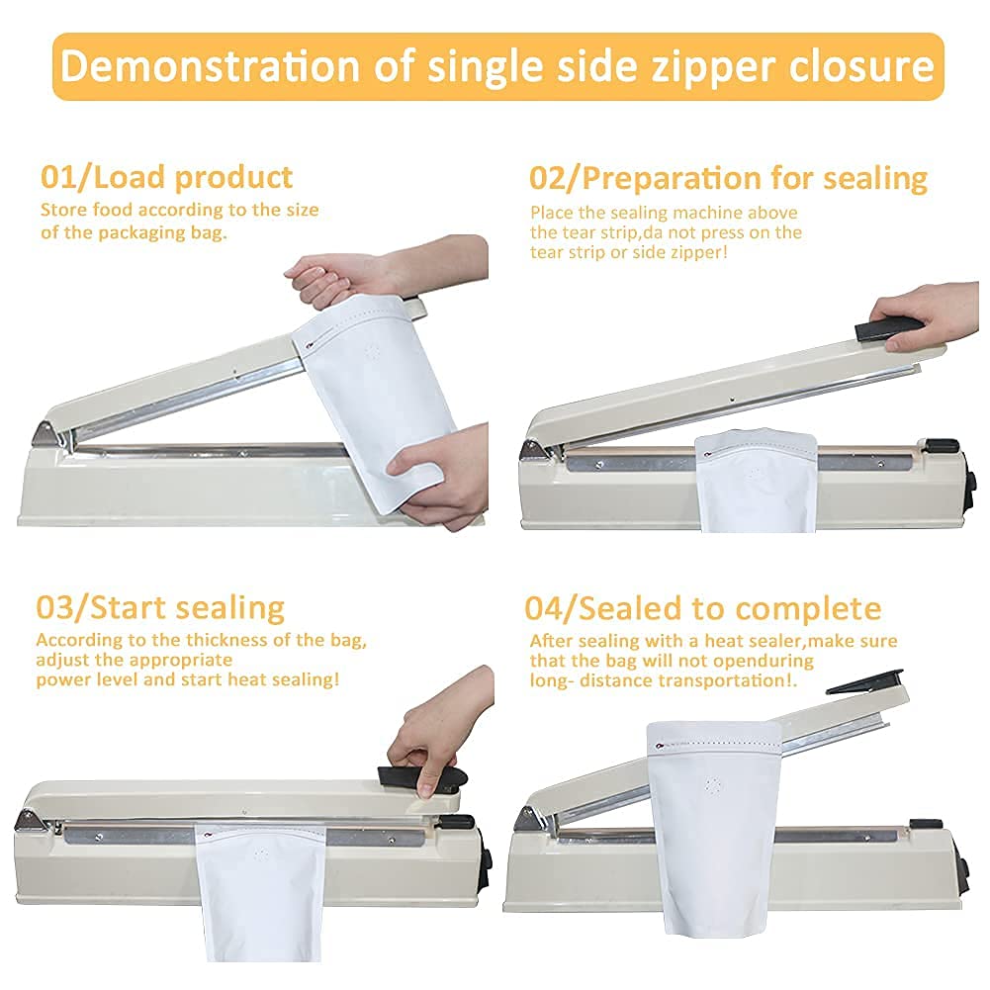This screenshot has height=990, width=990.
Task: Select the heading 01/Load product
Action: (167, 177)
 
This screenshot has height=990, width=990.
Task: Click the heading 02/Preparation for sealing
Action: (728, 179)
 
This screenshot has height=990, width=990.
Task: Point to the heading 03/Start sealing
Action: (160, 608)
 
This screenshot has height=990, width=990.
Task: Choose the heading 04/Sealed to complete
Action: (703, 608)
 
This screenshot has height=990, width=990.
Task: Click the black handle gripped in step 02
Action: (889, 328)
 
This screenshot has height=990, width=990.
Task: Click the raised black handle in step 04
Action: (863, 682)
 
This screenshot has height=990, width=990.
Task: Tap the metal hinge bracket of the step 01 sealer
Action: (47, 435)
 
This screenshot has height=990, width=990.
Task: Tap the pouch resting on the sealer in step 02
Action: (757, 480)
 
